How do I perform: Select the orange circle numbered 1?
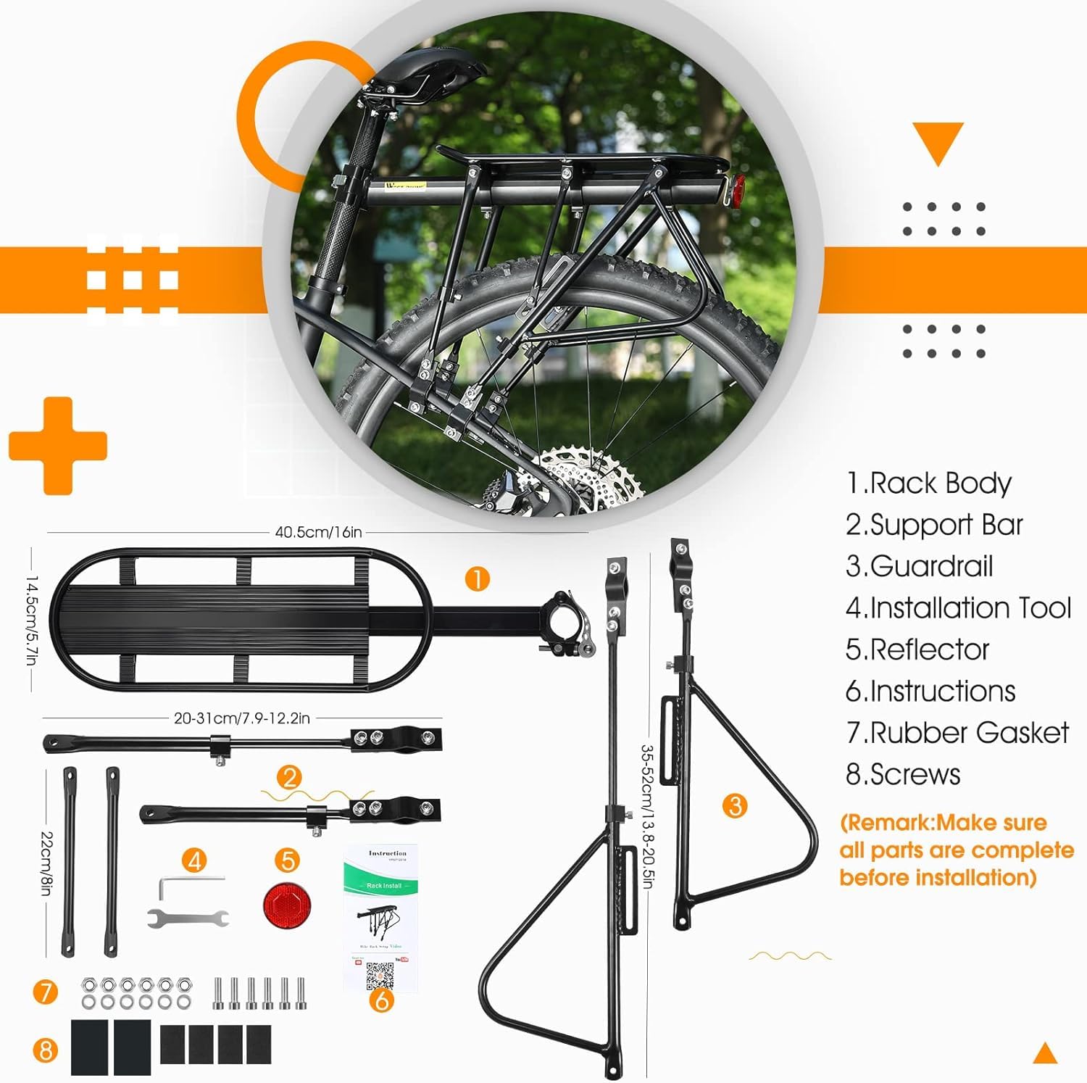(x=477, y=579)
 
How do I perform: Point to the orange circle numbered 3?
(x=735, y=805)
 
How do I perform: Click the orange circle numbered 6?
(x=382, y=1000)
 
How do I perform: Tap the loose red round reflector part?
(x=287, y=905)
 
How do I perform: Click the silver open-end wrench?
(x=188, y=918)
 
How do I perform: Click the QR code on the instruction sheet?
(x=380, y=976)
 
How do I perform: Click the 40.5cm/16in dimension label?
(x=318, y=532)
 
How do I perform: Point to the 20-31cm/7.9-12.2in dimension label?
(x=241, y=718)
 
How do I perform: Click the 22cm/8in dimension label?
(x=46, y=863)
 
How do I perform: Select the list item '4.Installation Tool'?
(x=958, y=608)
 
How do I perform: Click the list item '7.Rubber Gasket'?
(x=957, y=733)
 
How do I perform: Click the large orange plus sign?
(x=58, y=445)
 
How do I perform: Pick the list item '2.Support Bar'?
(x=933, y=525)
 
